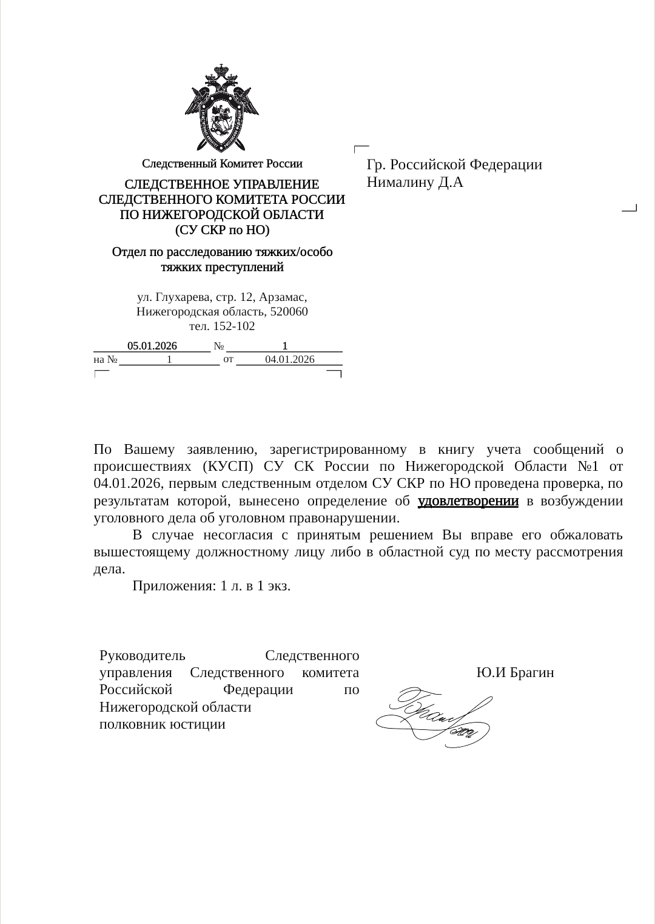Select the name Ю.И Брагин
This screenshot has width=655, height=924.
[x=515, y=673]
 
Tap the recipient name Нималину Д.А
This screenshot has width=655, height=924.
[x=415, y=182]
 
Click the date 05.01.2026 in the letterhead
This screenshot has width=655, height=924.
[x=152, y=346]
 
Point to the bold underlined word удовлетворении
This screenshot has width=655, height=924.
[x=468, y=501]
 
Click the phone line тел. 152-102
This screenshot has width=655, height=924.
[x=222, y=326]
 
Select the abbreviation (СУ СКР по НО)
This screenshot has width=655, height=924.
[x=222, y=231]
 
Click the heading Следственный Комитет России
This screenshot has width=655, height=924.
[x=222, y=164]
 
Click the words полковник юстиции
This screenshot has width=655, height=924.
[x=163, y=724]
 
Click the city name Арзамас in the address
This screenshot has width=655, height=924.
[x=283, y=297]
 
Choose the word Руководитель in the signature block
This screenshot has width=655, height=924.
[x=143, y=656]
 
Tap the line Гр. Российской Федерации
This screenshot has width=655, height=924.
[x=454, y=164]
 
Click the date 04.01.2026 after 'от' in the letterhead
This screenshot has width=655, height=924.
[x=290, y=360]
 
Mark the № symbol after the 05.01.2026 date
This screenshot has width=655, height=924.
[x=219, y=346]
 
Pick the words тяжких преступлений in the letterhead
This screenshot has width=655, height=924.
[x=222, y=268]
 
